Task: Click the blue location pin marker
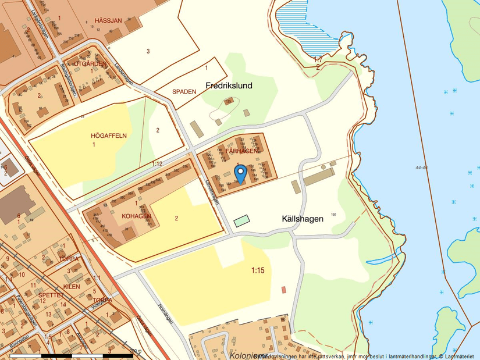(x=240, y=173)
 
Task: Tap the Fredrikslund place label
(x=229, y=85)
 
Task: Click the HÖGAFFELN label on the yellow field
(x=108, y=136)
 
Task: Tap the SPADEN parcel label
(x=184, y=92)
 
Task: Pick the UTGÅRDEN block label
(x=90, y=63)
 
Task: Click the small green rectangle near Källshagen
(x=241, y=220)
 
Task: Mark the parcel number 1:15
(x=258, y=270)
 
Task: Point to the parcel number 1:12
(x=157, y=165)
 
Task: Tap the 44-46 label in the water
(x=422, y=167)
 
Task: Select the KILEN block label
(x=72, y=287)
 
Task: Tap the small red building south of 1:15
(x=284, y=290)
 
